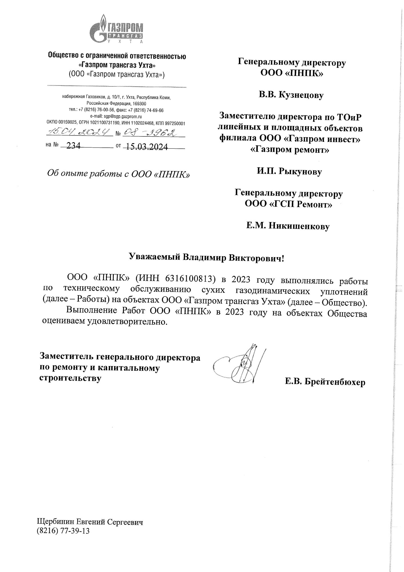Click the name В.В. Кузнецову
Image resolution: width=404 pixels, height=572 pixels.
click(291, 95)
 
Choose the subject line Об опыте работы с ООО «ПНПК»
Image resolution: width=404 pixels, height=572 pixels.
click(118, 174)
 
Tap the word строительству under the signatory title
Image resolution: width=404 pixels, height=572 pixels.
click(70, 378)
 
